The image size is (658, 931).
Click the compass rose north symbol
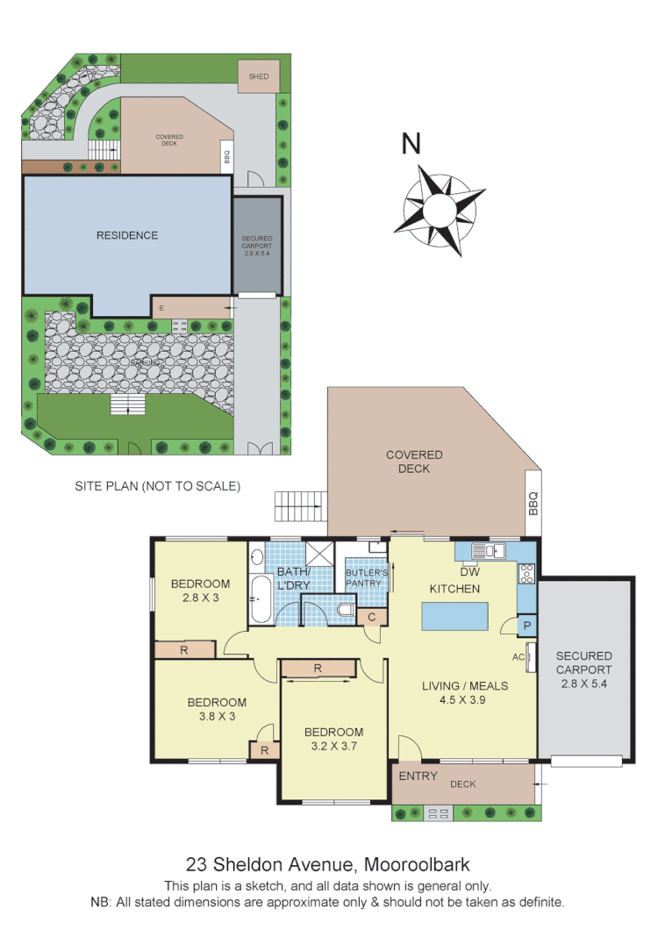(441, 210)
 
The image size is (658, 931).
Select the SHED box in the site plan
(259, 76)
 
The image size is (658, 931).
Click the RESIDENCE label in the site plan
(127, 235)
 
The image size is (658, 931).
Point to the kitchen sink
(488, 551)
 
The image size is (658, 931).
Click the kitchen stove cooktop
(528, 574)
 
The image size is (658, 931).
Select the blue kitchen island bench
(455, 618)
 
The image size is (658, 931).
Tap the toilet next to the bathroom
(347, 608)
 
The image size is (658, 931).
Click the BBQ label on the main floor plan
(533, 503)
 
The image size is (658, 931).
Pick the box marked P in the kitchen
(527, 627)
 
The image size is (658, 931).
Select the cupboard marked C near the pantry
(372, 617)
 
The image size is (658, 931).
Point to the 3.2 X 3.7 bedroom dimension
(333, 747)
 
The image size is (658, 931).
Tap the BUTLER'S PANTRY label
(366, 577)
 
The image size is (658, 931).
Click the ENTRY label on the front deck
(418, 777)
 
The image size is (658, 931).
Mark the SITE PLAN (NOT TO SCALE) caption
(157, 485)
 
